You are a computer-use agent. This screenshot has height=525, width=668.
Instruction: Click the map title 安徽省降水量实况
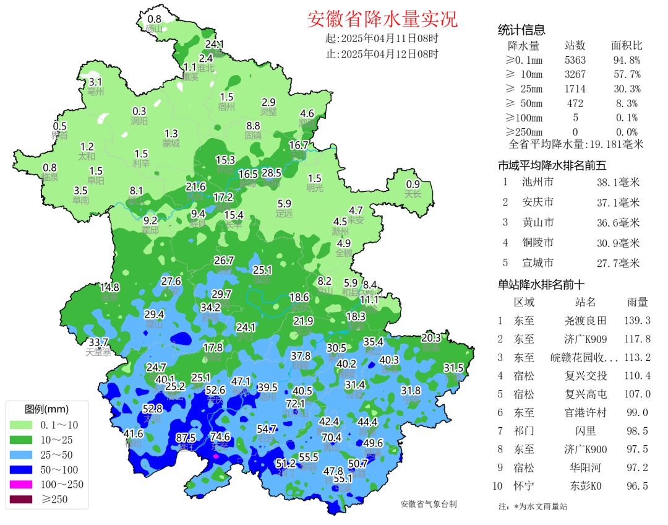pos(382,19)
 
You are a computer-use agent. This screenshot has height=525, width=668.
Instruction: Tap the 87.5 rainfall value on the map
pos(186,437)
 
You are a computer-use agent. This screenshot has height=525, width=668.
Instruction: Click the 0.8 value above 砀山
pos(154,19)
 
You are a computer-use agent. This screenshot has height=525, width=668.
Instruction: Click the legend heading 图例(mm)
pos(47,409)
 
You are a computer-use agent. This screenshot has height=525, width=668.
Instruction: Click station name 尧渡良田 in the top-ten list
pos(584,321)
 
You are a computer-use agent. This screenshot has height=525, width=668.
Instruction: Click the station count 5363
pos(575,60)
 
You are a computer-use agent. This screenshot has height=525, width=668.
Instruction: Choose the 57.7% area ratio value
pos(625,74)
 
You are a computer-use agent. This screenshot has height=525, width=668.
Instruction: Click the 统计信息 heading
pos(521,30)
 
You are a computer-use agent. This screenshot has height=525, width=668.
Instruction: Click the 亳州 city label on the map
pos(95,92)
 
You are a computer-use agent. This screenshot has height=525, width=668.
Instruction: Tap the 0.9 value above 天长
pos(413,184)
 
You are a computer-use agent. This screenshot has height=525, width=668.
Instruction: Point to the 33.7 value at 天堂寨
pos(98,342)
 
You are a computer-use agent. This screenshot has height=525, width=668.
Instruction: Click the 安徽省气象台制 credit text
pos(428,505)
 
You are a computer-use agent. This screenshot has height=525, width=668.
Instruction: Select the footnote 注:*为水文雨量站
pos(533,506)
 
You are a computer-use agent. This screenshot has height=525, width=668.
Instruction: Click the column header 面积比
pos(627,46)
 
